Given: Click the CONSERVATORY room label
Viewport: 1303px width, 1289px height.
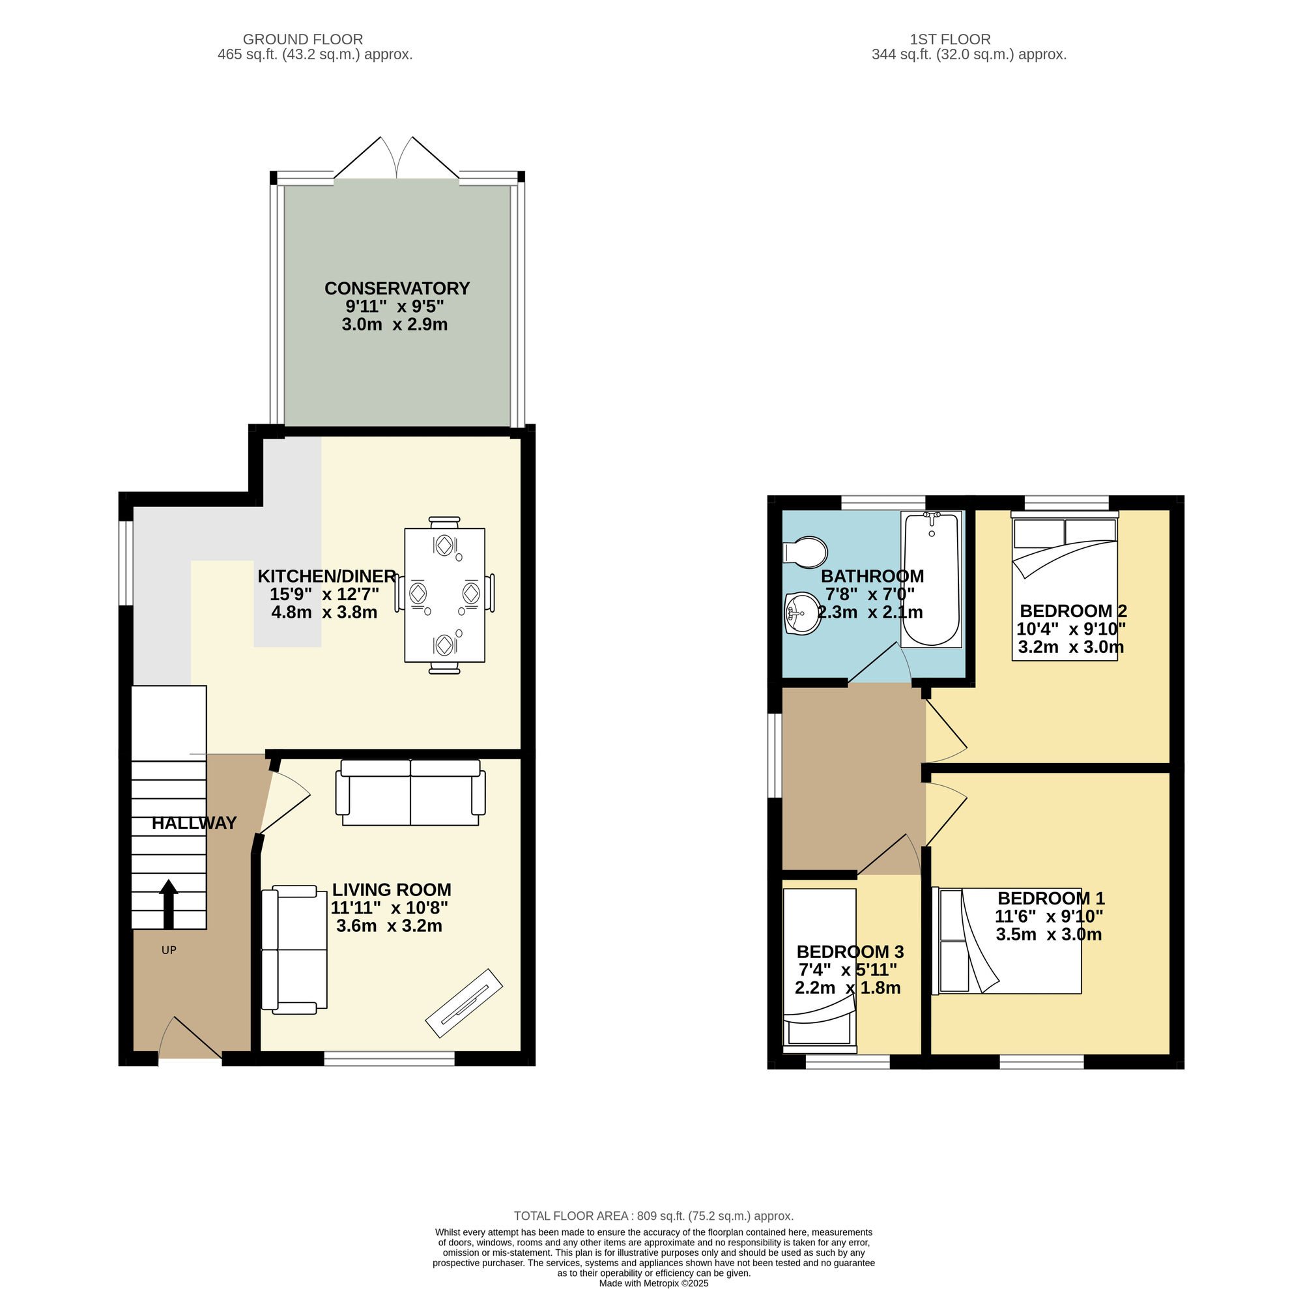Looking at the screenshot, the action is tap(397, 288).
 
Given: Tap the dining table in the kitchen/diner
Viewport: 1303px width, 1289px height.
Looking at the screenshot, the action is tap(444, 594).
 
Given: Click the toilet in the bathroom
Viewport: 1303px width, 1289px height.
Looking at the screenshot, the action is tap(805, 553).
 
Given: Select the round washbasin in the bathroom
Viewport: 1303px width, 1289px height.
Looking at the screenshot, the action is tap(803, 613).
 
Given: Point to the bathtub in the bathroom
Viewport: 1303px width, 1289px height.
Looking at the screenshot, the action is tap(931, 579).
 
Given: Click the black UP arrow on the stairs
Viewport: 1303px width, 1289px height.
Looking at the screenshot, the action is tap(168, 904).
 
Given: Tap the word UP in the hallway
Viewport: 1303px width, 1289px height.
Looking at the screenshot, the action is tap(169, 950).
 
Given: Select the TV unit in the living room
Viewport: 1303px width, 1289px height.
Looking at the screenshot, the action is tap(464, 1004).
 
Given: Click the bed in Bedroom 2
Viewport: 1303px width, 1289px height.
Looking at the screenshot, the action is tap(1065, 585).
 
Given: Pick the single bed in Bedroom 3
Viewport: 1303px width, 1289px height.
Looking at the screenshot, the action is tap(820, 970).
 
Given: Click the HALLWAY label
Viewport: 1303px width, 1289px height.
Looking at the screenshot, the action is tap(194, 823).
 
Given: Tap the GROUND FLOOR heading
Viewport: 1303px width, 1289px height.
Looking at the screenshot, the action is tap(303, 40).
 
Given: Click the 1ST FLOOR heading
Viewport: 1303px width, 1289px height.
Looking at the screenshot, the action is tap(951, 40).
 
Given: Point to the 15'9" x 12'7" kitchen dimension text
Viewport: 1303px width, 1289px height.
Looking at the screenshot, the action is tap(324, 594).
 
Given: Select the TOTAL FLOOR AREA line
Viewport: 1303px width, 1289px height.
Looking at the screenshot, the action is tap(653, 1216).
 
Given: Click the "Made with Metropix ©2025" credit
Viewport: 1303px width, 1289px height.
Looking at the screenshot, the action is tap(653, 1284).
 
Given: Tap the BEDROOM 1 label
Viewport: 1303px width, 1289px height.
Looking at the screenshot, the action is tap(1051, 898).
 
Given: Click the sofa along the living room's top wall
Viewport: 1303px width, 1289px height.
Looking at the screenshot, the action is tap(410, 792).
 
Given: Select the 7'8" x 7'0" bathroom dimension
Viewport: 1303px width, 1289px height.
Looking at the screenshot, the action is tap(870, 594).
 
